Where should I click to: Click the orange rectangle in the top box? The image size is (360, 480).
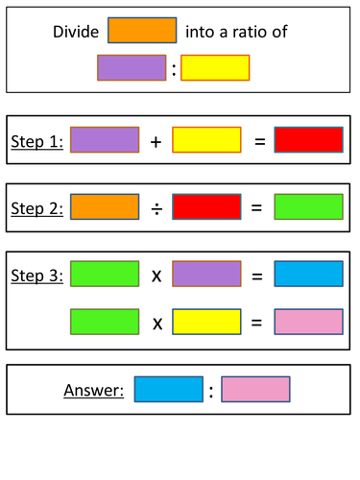[x=142, y=31]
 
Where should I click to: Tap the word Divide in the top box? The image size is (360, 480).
[x=75, y=32]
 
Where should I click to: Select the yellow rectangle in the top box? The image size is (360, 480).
[x=215, y=67]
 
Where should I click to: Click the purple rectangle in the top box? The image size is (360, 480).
[x=132, y=67]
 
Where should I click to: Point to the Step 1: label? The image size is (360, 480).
[x=37, y=141]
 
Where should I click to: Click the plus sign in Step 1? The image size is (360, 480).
[x=156, y=141]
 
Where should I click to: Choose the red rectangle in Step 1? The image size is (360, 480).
[x=309, y=140]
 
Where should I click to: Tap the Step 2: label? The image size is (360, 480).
[x=37, y=207]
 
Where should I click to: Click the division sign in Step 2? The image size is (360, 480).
[x=156, y=207]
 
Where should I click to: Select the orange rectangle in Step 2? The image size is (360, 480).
[x=105, y=206]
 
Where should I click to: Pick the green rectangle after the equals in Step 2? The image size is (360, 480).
[x=309, y=206]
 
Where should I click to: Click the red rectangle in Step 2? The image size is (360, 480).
[x=206, y=206]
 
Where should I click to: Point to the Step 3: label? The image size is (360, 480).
[x=37, y=276]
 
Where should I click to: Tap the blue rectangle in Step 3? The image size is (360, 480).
[x=309, y=275]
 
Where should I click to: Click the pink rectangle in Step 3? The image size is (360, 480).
[x=309, y=322]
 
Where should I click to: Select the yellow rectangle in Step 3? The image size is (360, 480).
[x=206, y=322]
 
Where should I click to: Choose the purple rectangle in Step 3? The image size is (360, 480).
[x=206, y=275]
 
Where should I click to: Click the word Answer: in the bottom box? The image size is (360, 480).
[x=94, y=390]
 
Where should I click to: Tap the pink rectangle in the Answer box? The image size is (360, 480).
[x=255, y=389]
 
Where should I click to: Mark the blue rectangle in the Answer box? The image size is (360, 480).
[x=168, y=389]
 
